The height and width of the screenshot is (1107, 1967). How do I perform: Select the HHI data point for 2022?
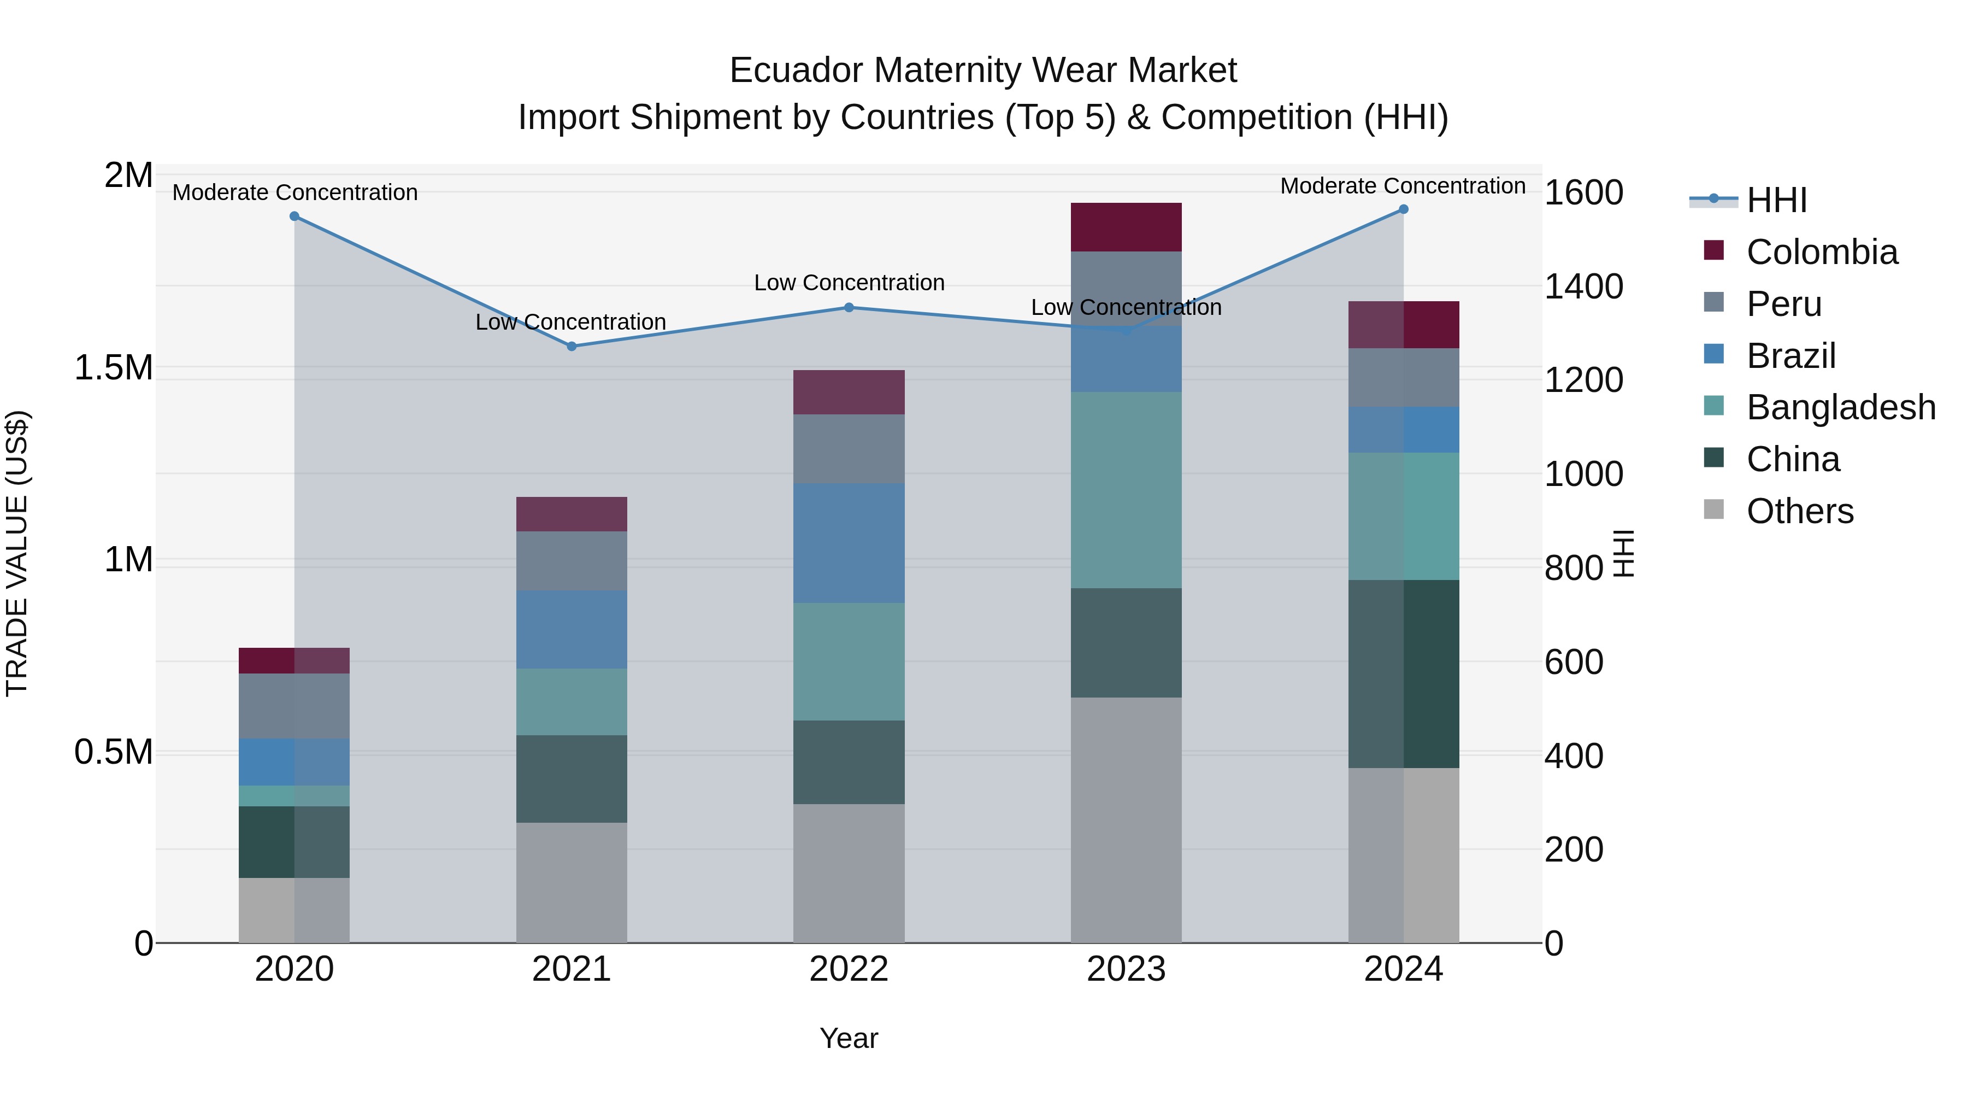tap(849, 307)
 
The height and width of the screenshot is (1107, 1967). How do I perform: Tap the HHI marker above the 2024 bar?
tap(1404, 209)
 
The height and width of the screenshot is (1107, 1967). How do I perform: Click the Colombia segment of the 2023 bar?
tap(1126, 227)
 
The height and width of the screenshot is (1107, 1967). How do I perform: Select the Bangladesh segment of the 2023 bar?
tap(1126, 490)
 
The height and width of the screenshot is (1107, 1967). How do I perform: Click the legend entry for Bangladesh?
tap(1840, 407)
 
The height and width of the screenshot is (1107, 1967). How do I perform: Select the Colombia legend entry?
tap(1821, 252)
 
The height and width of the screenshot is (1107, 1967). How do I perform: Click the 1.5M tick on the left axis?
tap(113, 368)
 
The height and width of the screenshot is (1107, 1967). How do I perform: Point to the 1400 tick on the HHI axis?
tap(1583, 287)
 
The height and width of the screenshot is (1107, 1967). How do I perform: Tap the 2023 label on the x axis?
tap(1126, 969)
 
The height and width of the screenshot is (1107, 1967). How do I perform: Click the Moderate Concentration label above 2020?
tap(295, 192)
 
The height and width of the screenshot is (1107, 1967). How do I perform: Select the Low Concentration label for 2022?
tap(849, 283)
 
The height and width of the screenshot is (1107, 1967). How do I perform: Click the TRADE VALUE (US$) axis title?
tap(17, 553)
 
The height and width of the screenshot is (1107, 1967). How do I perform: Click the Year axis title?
tap(849, 1038)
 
